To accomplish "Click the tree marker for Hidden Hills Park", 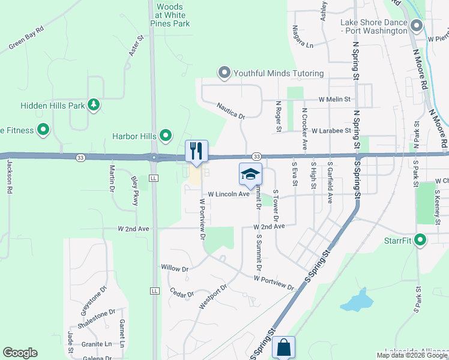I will tap(93, 105).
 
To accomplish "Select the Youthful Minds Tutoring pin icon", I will tap(224, 73).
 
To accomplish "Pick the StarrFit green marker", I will tap(420, 241).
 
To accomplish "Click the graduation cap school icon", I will tap(250, 174).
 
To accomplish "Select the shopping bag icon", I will tap(283, 347).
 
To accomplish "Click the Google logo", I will tap(20, 353).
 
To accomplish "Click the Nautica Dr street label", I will tap(231, 110).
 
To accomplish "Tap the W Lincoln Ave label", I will tap(229, 194).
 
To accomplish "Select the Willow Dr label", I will tap(175, 268).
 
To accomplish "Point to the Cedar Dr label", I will tap(182, 294).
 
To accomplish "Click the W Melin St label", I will tap(334, 99).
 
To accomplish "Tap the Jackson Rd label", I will tap(10, 175).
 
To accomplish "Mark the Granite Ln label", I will tap(97, 344).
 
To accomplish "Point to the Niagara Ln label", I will tap(301, 44).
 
